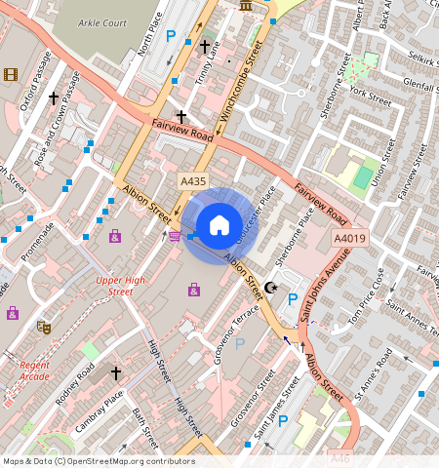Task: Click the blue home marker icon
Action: coord(219,225)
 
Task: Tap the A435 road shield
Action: coord(193,181)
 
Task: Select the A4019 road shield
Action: coord(349,239)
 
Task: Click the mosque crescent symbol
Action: coord(271,289)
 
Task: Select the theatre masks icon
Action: coord(43,327)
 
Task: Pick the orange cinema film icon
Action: coord(11,74)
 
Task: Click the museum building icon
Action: coord(244,6)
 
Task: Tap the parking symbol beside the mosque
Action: coord(292,298)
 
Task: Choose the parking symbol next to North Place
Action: coord(171,36)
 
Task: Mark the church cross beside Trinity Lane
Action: coord(205,46)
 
